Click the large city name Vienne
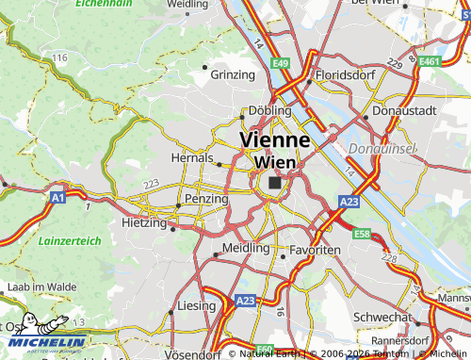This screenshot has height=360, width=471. point(275,139)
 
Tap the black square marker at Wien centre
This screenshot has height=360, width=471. point(274,183)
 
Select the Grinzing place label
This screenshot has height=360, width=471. point(234,74)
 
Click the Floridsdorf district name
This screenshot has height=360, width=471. point(347,74)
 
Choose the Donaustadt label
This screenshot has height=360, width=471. point(404,110)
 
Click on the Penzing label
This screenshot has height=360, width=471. point(206,200)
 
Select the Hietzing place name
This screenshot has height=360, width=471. point(143,223)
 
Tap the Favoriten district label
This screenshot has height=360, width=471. point(315,250)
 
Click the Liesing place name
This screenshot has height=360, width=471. point(196,307)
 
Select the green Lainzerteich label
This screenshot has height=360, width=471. point(70,241)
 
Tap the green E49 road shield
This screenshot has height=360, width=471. point(280,63)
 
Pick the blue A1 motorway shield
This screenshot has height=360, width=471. point(57,198)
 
